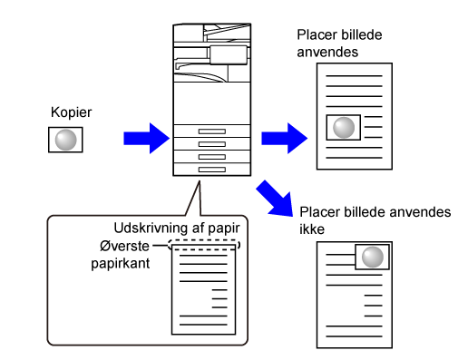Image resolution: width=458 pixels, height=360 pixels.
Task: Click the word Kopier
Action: [71, 112]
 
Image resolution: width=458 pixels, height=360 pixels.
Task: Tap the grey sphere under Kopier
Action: [65, 140]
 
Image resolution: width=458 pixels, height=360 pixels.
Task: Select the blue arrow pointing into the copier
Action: [147, 139]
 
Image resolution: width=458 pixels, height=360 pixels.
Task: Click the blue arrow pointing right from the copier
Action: [285, 139]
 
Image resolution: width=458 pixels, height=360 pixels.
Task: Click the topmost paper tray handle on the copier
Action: [212, 131]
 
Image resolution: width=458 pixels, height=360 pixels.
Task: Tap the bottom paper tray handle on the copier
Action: [212, 170]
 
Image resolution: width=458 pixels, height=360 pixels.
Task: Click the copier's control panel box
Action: [229, 55]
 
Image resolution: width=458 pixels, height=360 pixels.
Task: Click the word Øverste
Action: [124, 246]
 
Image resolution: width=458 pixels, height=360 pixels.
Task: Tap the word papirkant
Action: [121, 264]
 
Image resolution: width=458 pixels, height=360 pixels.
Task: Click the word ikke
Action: [312, 229]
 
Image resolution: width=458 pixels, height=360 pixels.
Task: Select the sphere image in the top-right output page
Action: [344, 128]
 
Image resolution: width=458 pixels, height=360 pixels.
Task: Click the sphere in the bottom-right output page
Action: [373, 257]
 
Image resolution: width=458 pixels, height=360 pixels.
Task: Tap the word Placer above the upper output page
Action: [315, 34]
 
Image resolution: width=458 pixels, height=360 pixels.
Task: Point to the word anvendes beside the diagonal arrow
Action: [420, 212]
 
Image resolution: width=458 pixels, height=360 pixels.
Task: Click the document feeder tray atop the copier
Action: [227, 32]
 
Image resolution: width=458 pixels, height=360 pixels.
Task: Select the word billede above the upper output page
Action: [358, 34]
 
